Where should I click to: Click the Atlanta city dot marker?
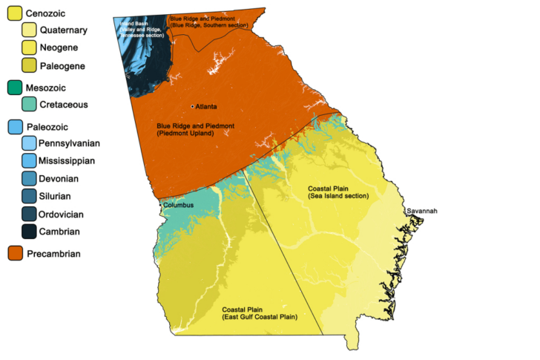(193, 107)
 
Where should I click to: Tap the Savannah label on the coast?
(421, 212)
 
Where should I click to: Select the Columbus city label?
(179, 205)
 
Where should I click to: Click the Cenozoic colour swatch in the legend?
(14, 13)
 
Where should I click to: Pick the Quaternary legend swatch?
(30, 30)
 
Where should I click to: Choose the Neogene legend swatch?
(30, 48)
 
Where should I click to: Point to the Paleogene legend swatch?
(30, 66)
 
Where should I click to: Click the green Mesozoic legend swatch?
(14, 88)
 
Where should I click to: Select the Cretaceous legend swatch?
(30, 105)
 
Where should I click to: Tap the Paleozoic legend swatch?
(14, 126)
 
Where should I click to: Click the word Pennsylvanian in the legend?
(70, 143)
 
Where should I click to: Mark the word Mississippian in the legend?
(68, 160)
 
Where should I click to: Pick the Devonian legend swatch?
(30, 178)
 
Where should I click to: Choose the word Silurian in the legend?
(59, 196)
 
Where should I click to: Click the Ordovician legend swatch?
(30, 214)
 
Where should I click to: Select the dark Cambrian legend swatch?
(30, 232)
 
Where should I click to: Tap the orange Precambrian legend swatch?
(14, 254)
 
